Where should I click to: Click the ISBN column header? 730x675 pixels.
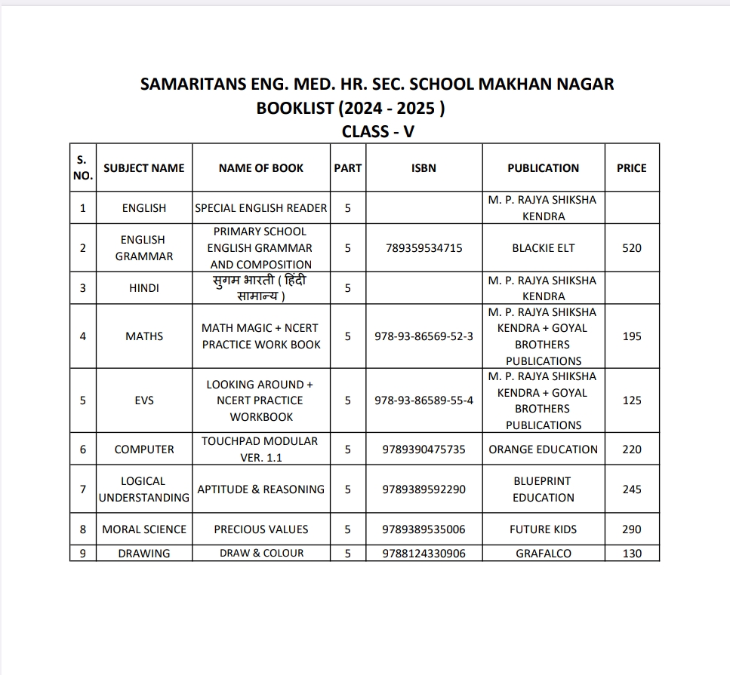click(424, 168)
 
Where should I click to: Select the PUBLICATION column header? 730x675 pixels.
click(543, 168)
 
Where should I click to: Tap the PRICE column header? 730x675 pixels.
click(631, 168)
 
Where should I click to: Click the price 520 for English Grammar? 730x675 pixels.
click(631, 248)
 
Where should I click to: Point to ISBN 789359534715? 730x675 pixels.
click(424, 248)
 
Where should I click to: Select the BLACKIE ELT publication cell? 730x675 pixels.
click(543, 248)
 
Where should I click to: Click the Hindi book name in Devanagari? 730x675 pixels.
click(260, 288)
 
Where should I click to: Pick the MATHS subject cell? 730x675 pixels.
click(144, 336)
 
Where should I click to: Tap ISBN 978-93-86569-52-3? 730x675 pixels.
click(424, 336)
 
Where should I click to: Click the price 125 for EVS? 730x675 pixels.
click(631, 400)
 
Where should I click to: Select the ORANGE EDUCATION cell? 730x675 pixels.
click(543, 449)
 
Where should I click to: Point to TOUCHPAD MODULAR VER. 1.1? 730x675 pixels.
click(260, 449)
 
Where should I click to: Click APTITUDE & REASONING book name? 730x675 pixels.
click(260, 489)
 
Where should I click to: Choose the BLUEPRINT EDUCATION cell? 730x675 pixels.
click(543, 489)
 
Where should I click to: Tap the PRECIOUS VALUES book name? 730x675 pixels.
click(260, 529)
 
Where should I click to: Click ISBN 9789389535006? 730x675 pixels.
click(424, 529)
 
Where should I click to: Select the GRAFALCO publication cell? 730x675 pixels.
click(543, 554)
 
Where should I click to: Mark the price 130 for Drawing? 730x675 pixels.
click(631, 554)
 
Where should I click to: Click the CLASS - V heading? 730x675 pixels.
click(377, 132)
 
